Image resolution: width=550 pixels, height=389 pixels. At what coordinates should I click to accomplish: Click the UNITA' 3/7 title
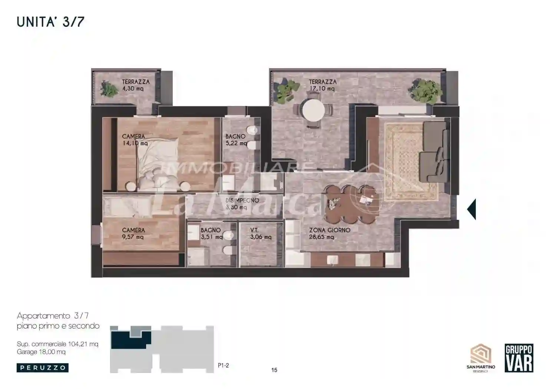(50, 22)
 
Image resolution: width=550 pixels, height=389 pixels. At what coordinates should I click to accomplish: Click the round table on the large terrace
(313, 110)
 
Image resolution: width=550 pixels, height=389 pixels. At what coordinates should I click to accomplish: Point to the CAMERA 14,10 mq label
(135, 140)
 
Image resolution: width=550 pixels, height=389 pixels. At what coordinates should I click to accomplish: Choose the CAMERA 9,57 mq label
(133, 233)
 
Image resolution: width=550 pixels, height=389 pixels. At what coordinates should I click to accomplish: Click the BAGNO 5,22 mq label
(236, 140)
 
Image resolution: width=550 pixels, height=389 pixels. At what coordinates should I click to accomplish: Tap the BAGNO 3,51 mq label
(212, 233)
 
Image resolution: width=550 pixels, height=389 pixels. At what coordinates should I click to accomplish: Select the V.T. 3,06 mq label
(261, 233)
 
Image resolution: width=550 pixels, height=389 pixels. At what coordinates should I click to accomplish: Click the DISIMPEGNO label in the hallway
(242, 200)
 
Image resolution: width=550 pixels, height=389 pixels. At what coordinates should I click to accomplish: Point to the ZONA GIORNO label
(329, 230)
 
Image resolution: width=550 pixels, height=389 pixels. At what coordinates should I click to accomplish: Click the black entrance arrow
(471, 209)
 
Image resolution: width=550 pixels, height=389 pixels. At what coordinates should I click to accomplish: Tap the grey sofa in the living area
(435, 152)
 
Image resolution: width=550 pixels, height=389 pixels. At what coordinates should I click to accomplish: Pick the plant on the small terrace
(109, 89)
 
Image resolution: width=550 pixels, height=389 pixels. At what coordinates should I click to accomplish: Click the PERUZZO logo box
(43, 368)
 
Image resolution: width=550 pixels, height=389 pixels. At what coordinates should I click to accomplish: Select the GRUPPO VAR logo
(519, 358)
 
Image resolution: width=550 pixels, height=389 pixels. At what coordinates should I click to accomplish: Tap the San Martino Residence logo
(481, 358)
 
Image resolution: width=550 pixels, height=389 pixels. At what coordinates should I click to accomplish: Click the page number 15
(274, 370)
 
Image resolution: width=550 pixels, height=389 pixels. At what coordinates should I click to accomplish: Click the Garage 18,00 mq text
(41, 352)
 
